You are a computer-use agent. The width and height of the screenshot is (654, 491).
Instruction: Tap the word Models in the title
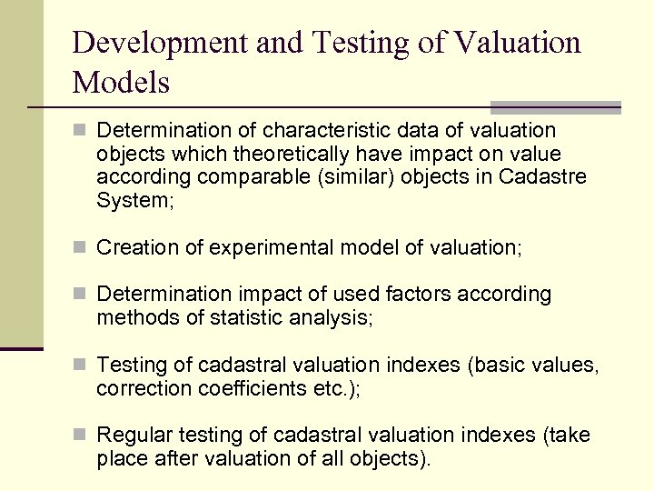click(x=121, y=83)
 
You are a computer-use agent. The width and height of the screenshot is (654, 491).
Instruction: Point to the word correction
click(x=140, y=387)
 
